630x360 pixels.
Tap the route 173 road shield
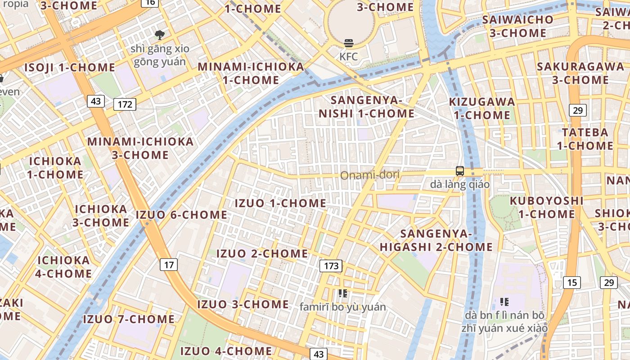click(x=331, y=265)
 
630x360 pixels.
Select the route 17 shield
click(x=169, y=265)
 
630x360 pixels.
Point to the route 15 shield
click(x=571, y=282)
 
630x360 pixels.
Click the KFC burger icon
click(x=349, y=43)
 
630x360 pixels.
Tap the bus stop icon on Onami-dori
click(x=459, y=171)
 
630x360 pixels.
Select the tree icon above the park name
click(x=159, y=35)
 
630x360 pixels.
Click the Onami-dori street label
click(x=369, y=175)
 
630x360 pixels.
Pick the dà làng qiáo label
click(x=459, y=184)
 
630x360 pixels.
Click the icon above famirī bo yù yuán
click(x=343, y=293)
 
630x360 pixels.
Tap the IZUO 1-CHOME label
click(x=280, y=203)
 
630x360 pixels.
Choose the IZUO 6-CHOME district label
click(x=181, y=215)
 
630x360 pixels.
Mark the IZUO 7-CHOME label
click(x=129, y=319)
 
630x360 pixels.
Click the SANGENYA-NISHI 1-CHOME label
click(x=366, y=107)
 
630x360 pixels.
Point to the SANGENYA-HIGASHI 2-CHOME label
click(x=436, y=240)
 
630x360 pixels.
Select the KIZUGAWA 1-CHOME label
click(x=482, y=108)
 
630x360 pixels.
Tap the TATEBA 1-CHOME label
click(x=585, y=139)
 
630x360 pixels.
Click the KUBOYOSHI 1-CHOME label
click(x=546, y=207)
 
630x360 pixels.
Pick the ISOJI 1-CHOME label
click(x=70, y=67)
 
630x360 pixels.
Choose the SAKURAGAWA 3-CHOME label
click(x=580, y=73)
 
